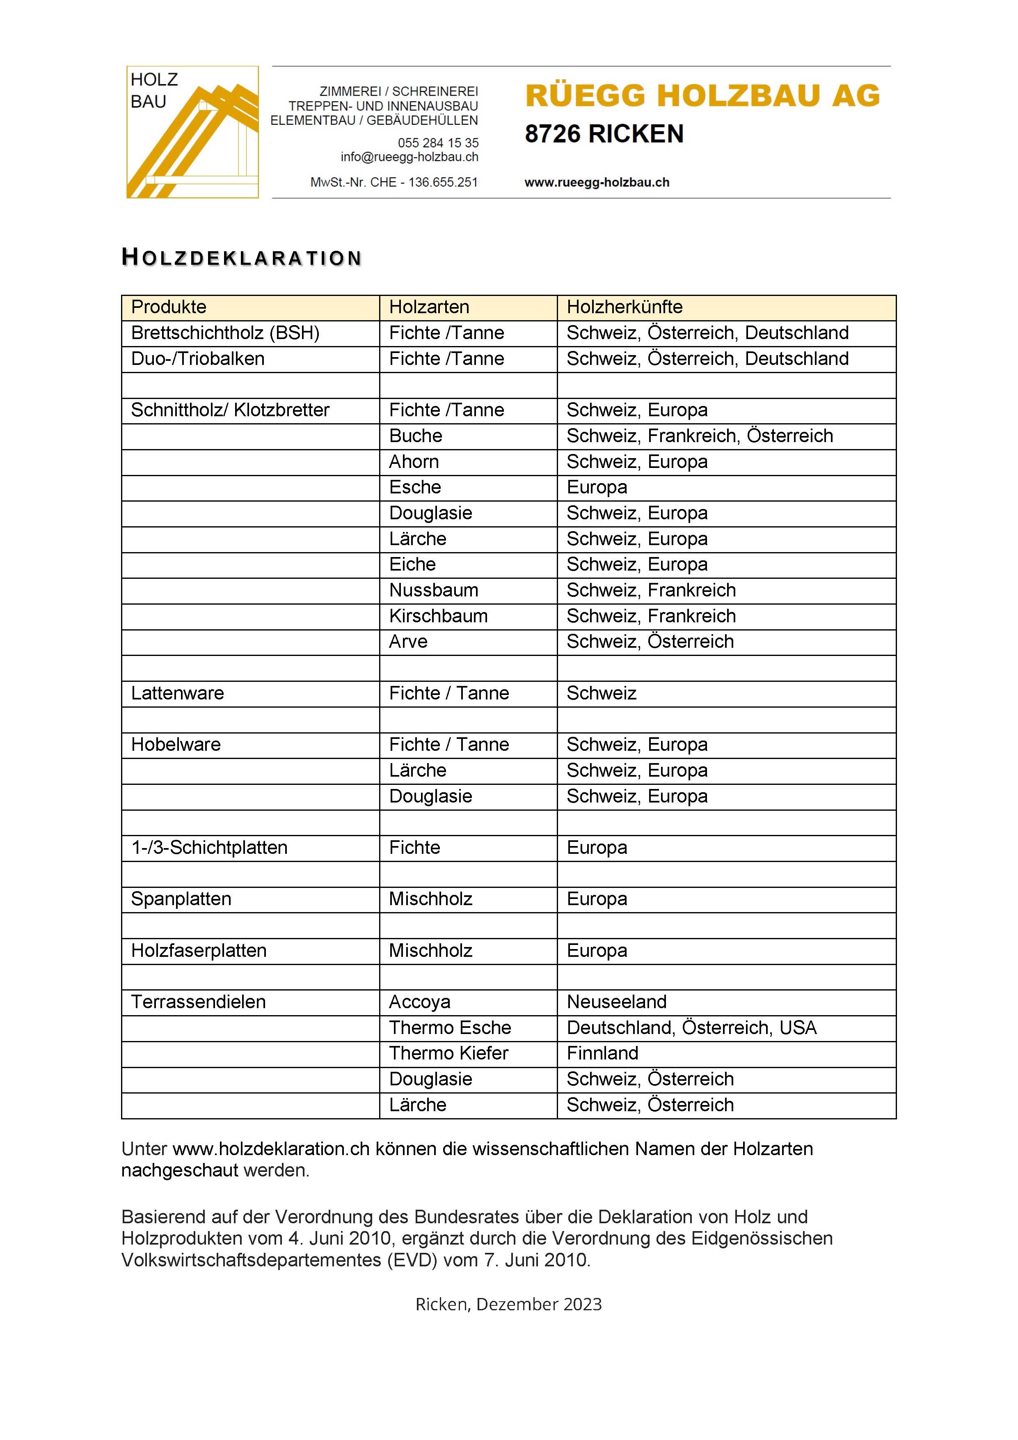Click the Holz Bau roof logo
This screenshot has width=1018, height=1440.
pos(192,132)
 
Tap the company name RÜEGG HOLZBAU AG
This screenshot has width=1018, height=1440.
pos(702,96)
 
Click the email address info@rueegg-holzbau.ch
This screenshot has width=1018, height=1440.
pos(409,157)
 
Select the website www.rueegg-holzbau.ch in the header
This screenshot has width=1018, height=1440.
pos(597,183)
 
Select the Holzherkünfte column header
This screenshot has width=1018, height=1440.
pos(625,307)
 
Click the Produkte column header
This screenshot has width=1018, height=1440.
pos(169,307)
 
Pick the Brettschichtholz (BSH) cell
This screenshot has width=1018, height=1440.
pos(225,333)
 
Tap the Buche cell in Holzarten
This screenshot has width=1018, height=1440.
pos(416,436)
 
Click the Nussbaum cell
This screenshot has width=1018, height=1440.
pos(434,590)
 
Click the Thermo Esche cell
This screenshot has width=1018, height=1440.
pos(450,1027)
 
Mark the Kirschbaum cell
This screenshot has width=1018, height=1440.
pos(438,616)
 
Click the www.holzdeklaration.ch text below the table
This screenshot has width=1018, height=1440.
pos(271,1149)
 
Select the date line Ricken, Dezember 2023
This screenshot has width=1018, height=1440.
pos(508,1304)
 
